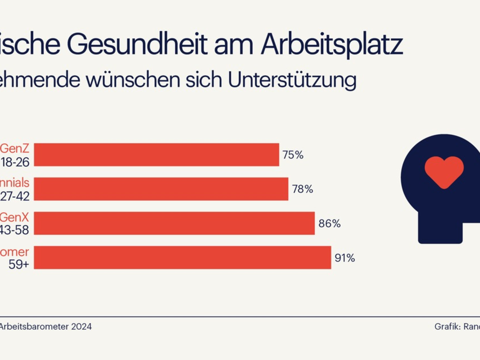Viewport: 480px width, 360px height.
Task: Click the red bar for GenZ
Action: [156, 154]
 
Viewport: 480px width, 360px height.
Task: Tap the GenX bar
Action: [174, 223]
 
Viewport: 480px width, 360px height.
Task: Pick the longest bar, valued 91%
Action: [182, 258]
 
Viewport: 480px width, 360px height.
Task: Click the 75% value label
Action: [293, 155]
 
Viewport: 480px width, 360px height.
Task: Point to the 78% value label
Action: [302, 189]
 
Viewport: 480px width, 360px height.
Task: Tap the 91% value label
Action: [345, 258]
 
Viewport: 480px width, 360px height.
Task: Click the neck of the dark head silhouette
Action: [440, 228]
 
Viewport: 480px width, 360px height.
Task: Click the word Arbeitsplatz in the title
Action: [332, 45]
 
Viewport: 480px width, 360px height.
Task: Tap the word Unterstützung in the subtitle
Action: [292, 80]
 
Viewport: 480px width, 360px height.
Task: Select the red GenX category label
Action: [15, 217]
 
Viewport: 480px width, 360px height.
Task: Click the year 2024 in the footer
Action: [82, 326]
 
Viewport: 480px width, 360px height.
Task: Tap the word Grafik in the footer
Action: [446, 326]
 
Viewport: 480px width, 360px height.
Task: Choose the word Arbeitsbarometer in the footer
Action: [34, 326]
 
